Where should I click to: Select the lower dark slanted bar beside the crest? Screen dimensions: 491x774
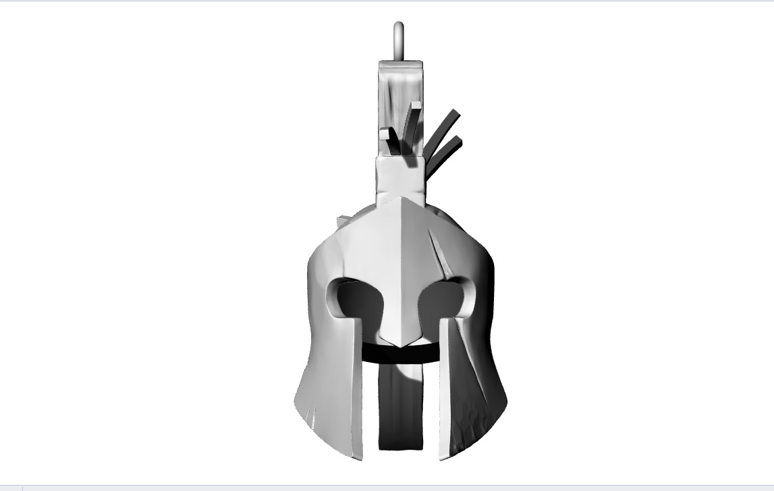tap(445, 153)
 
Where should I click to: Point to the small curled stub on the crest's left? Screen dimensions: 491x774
tap(385, 134)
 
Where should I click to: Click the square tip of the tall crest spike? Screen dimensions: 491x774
tap(415, 106)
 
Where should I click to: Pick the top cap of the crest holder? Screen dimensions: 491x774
tap(400, 66)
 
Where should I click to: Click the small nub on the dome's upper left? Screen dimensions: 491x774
tap(343, 220)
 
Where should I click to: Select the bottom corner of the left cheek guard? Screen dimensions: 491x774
tap(356, 456)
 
